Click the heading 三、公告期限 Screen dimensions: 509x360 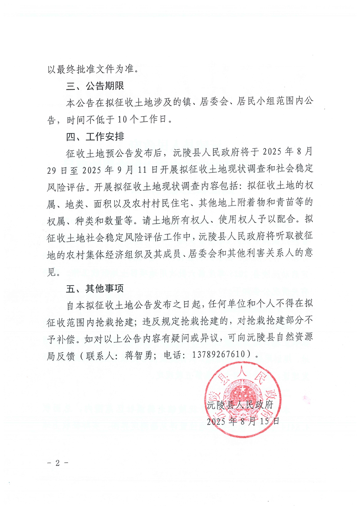95,86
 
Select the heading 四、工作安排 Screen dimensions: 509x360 95,137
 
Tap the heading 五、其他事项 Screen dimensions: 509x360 95,288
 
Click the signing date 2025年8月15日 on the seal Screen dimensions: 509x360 243,421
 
